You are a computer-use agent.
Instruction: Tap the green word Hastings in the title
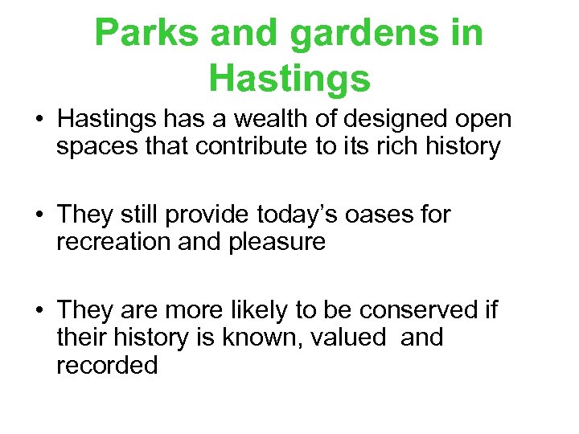[x=289, y=78]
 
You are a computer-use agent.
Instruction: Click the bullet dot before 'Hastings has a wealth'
[x=39, y=121]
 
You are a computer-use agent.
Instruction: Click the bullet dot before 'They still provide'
[x=39, y=215]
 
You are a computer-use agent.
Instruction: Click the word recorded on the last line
[x=107, y=365]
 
